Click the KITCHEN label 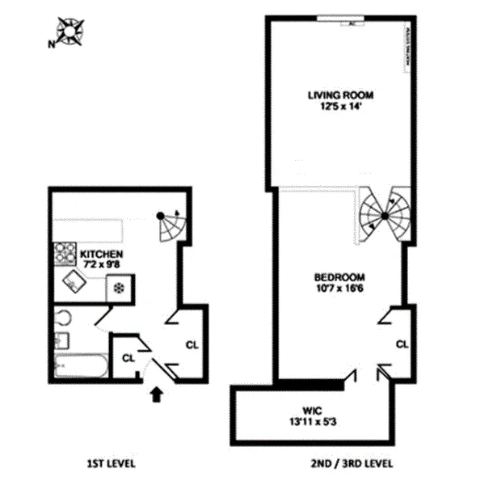tap(100, 253)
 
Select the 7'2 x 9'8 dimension tap(100, 264)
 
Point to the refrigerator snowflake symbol tap(119, 287)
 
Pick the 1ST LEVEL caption tap(111, 464)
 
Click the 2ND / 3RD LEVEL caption tap(354, 464)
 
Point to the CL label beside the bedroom tap(402, 344)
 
